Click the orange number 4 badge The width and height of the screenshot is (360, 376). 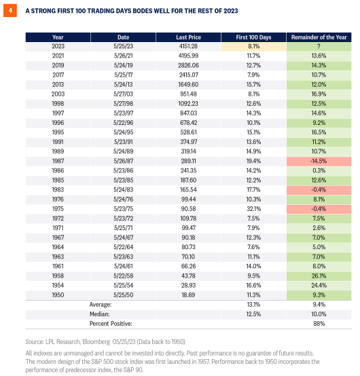11,11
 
